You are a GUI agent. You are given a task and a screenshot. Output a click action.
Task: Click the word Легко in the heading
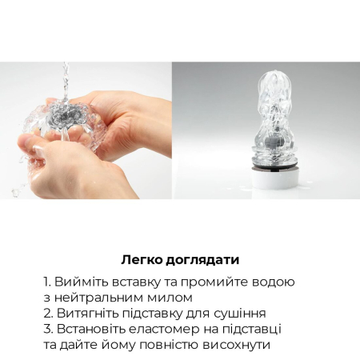click(x=142, y=259)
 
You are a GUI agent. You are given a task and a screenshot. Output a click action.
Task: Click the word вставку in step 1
click(x=141, y=282)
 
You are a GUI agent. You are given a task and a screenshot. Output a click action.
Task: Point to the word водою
click(x=274, y=282)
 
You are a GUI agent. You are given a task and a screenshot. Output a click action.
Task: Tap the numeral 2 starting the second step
click(x=47, y=313)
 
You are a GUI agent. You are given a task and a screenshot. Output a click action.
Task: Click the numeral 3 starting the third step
click(x=47, y=329)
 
